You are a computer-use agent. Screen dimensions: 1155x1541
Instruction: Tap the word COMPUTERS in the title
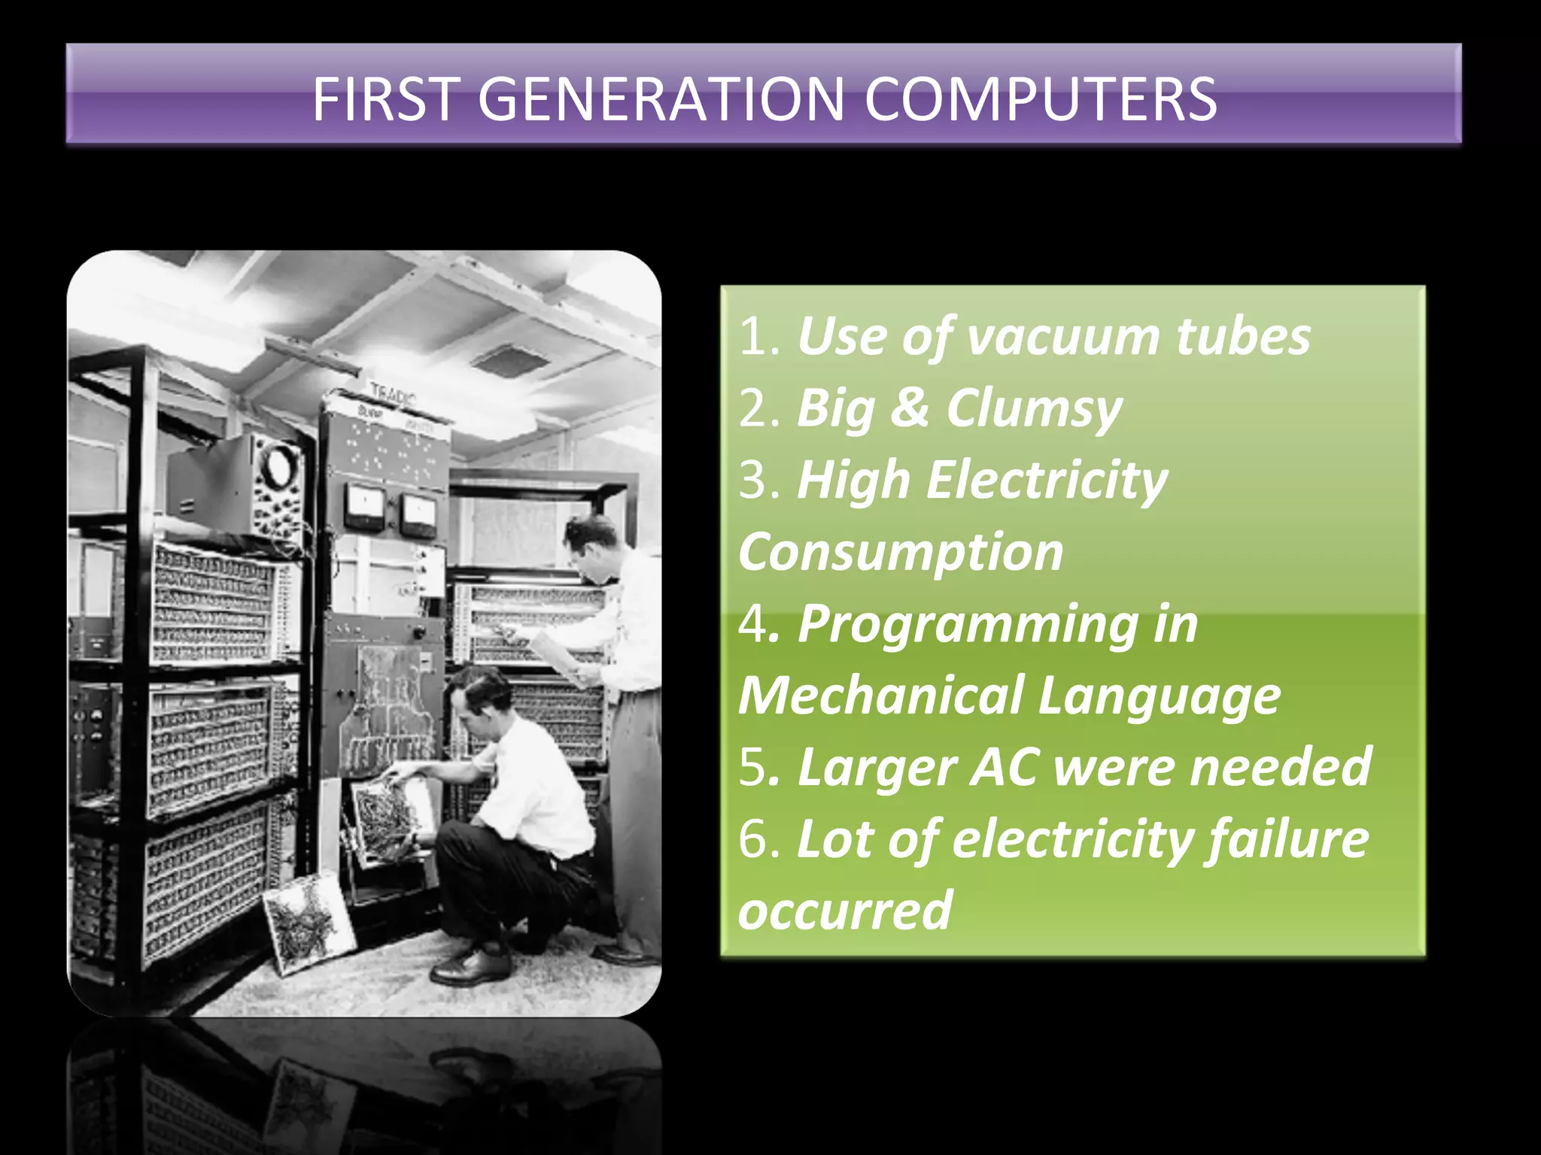pyautogui.click(x=1040, y=99)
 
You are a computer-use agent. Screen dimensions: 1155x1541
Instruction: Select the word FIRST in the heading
pyautogui.click(x=385, y=99)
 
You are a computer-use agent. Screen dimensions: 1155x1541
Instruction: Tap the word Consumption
pyautogui.click(x=901, y=553)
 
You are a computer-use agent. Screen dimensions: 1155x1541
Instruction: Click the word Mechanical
pyautogui.click(x=880, y=696)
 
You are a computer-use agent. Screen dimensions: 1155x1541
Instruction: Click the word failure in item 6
pyautogui.click(x=1287, y=839)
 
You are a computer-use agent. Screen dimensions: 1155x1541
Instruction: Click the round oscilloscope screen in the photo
pyautogui.click(x=279, y=465)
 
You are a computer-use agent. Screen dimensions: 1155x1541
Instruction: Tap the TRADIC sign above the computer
pyautogui.click(x=392, y=393)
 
